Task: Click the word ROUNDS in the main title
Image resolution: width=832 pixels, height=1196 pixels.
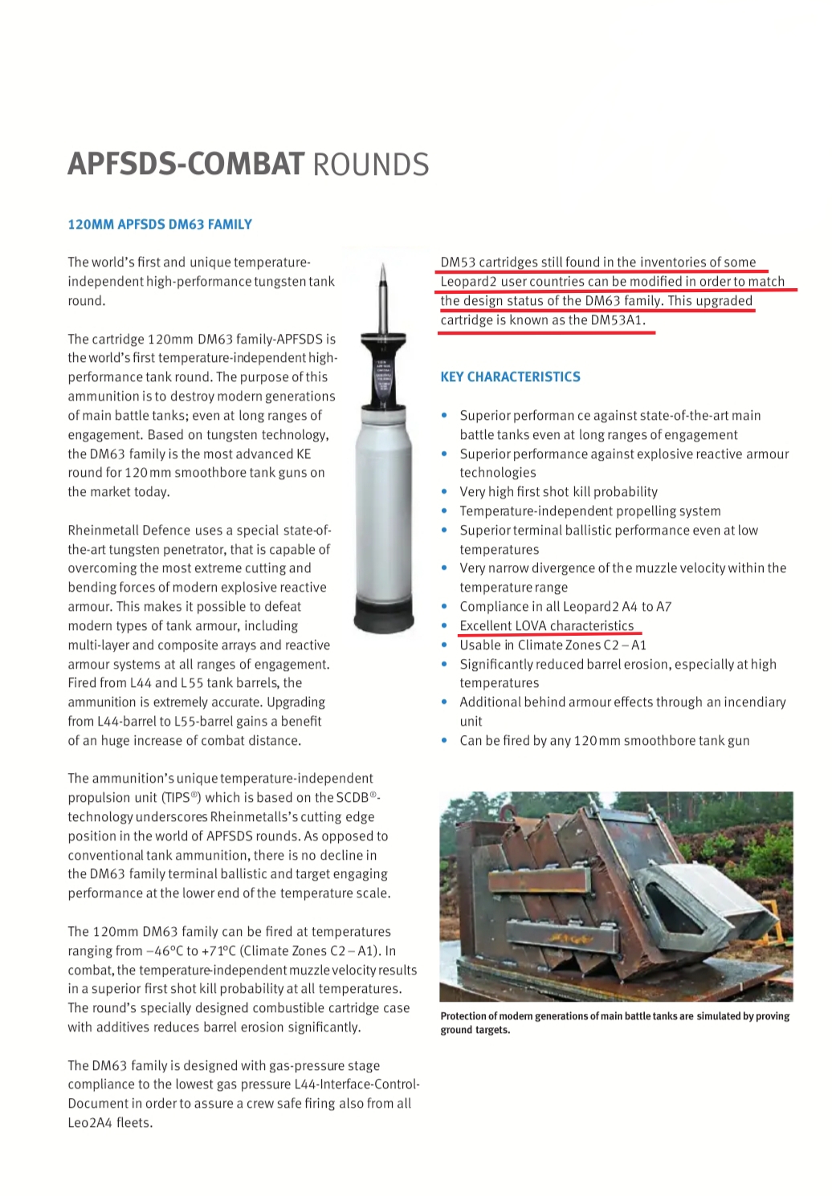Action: tap(370, 165)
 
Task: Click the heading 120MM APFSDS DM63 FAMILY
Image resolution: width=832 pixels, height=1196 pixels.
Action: tap(160, 225)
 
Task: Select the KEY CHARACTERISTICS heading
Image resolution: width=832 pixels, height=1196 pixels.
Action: tap(510, 377)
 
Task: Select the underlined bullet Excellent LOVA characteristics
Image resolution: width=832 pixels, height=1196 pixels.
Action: tap(546, 626)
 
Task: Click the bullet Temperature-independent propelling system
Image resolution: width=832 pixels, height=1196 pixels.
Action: tap(589, 511)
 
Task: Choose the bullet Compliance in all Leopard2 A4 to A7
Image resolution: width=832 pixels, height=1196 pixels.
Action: tap(565, 607)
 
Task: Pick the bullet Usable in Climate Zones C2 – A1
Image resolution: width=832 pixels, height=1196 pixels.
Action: tap(553, 645)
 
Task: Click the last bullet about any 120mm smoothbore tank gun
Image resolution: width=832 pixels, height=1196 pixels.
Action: tap(604, 741)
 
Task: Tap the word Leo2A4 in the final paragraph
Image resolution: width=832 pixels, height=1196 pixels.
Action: tap(89, 1123)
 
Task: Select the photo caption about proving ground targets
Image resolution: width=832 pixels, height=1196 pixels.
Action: tap(614, 1023)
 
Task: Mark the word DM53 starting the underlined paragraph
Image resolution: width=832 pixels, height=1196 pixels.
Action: tap(458, 262)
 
